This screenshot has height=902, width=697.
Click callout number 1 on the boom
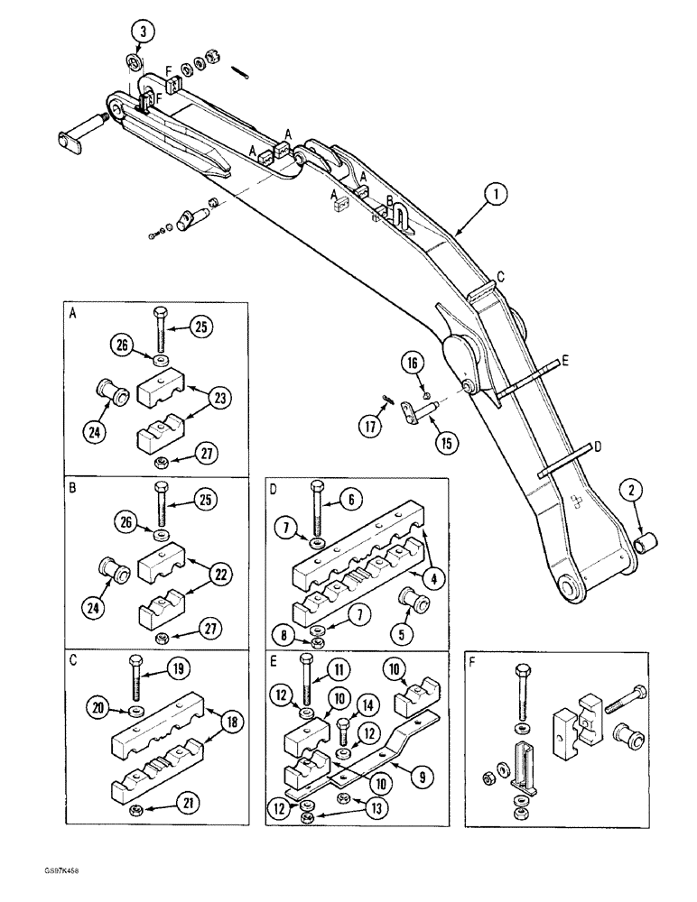pos(496,192)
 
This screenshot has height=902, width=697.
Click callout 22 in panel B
pos(218,576)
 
